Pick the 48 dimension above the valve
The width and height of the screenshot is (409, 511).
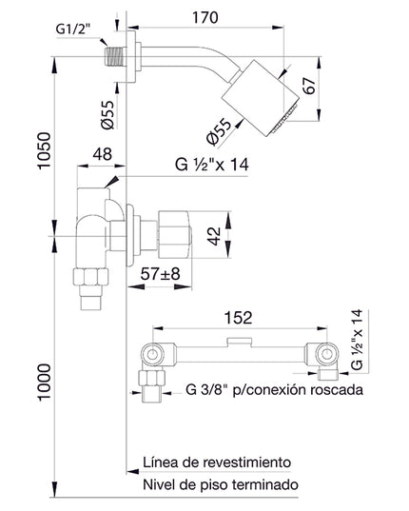[104, 153]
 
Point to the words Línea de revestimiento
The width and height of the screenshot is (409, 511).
[216, 461]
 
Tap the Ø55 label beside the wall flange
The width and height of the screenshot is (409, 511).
[109, 113]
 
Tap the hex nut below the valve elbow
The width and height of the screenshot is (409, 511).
[92, 278]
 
